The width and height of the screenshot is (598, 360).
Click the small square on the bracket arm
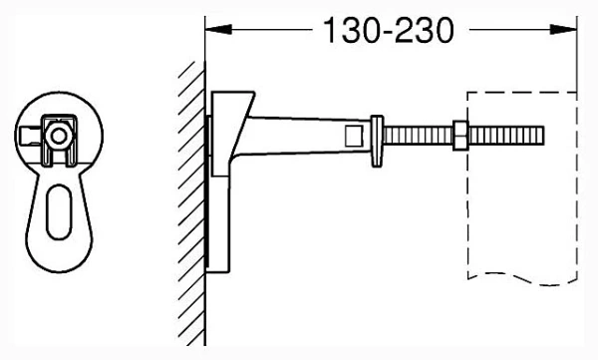pos(352,135)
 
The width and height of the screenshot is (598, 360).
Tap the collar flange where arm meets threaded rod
pos(377,135)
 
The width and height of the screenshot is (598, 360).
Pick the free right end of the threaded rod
pos(541,134)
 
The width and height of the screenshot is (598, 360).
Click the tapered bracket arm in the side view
pos(299,135)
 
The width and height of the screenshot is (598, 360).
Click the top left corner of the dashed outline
pos(468,95)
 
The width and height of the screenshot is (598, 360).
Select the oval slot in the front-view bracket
pos(58,210)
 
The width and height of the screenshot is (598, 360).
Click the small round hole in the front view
pos(59,133)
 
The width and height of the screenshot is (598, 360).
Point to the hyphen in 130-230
pos(389,31)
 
